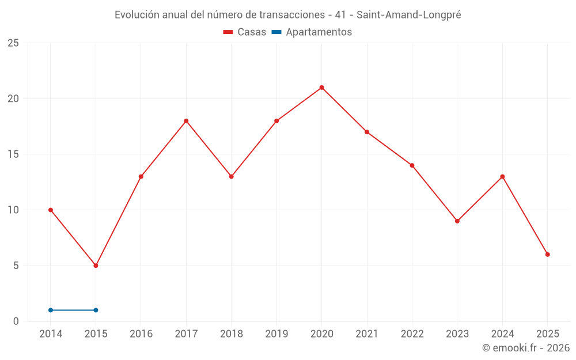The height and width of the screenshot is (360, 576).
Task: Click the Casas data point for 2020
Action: tap(321, 88)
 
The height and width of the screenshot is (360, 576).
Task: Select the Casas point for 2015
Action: tap(96, 266)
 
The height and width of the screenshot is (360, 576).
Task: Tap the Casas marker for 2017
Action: tap(186, 121)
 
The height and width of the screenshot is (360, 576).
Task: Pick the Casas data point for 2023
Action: tap(457, 221)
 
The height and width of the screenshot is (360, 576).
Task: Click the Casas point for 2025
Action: tap(548, 255)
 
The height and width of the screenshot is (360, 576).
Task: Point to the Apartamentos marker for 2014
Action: tap(51, 310)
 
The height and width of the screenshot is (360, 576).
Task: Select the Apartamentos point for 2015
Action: tap(96, 310)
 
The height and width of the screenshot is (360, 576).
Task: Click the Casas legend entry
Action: tap(245, 32)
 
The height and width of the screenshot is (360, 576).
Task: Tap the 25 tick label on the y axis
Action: tap(13, 43)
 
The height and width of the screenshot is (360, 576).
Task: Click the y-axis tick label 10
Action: tap(13, 210)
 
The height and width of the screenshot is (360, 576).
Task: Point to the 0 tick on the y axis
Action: tap(16, 321)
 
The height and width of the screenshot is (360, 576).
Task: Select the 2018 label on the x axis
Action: tap(231, 334)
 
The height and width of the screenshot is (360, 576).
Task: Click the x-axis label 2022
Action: tap(412, 334)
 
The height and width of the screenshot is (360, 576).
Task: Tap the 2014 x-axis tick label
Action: tap(51, 334)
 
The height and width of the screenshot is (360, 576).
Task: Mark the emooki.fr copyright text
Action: tap(526, 348)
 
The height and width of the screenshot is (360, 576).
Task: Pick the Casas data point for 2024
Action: tap(502, 177)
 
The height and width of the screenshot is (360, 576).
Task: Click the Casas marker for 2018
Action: tap(231, 177)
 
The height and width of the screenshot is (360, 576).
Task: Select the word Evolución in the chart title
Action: tap(137, 15)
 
